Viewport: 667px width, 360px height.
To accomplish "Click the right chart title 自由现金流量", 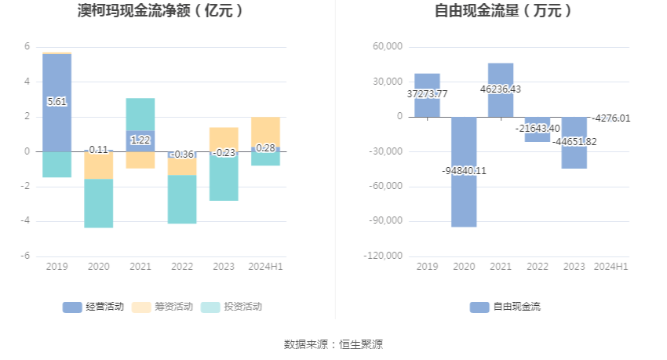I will [x=503, y=11].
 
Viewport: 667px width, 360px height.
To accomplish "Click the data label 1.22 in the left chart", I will [x=140, y=140].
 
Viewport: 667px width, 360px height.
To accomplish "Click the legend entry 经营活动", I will [x=93, y=307].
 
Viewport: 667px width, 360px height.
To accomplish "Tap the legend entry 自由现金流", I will [x=505, y=307].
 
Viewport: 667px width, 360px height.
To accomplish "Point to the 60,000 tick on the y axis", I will [x=388, y=47].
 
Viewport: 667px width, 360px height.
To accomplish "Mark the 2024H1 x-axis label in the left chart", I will [x=265, y=267].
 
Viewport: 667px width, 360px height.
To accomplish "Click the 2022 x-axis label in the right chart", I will [x=538, y=267].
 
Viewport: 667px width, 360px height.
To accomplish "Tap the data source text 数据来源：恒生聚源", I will [x=333, y=344].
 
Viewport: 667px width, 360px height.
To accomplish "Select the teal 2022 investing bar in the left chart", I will [x=182, y=199].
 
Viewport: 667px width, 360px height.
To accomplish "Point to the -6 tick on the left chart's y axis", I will [x=27, y=256].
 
